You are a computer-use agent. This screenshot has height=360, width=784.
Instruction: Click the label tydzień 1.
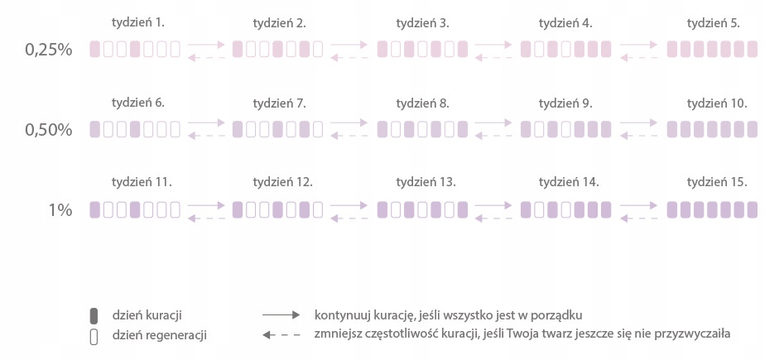(x=137, y=23)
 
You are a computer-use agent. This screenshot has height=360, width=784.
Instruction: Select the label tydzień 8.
(x=423, y=103)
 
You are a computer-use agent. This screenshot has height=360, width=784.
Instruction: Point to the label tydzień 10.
(x=717, y=103)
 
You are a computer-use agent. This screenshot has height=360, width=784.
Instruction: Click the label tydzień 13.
(x=426, y=182)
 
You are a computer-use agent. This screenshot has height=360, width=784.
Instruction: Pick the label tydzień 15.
(x=717, y=182)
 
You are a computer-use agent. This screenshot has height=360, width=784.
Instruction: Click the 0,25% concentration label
(x=49, y=50)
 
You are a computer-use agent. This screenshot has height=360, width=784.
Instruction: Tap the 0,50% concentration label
(x=49, y=130)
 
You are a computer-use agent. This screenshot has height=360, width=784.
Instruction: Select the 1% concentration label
(x=60, y=210)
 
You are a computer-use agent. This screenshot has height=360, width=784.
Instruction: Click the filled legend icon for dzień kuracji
(x=94, y=315)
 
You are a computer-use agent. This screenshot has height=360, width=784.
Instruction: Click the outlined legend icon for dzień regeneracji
(x=94, y=335)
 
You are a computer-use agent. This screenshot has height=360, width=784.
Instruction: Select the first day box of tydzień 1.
(x=94, y=50)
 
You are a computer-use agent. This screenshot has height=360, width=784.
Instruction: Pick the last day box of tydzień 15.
(x=752, y=209)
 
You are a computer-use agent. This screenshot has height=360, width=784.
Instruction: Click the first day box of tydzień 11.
(x=94, y=209)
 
